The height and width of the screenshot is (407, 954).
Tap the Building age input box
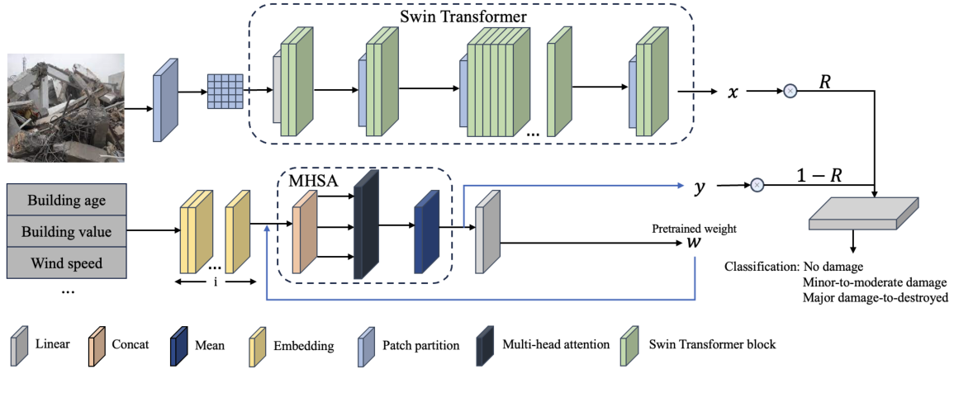(x=67, y=201)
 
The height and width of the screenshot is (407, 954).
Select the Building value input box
(x=67, y=232)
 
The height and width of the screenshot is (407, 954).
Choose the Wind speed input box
(x=67, y=263)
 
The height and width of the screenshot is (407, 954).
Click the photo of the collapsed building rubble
(x=66, y=107)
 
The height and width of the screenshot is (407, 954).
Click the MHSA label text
(x=306, y=179)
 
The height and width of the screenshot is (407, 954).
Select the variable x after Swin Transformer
(x=732, y=92)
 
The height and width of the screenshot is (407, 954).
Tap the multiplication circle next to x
(x=790, y=91)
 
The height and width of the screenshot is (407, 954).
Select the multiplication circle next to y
(x=757, y=186)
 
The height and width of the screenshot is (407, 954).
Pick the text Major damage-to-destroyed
(x=875, y=298)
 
